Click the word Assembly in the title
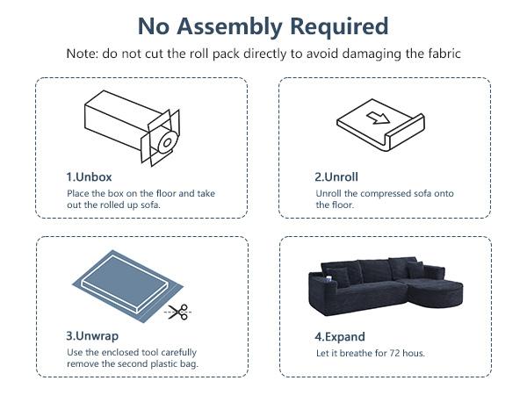tap(229, 27)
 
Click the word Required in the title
tap(339, 26)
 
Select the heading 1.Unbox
tap(89, 177)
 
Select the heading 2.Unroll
tap(336, 177)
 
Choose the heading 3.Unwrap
tap(92, 336)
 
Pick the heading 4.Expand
tap(340, 337)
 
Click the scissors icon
tap(178, 312)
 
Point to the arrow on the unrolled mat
tap(378, 118)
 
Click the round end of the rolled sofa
tap(168, 142)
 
